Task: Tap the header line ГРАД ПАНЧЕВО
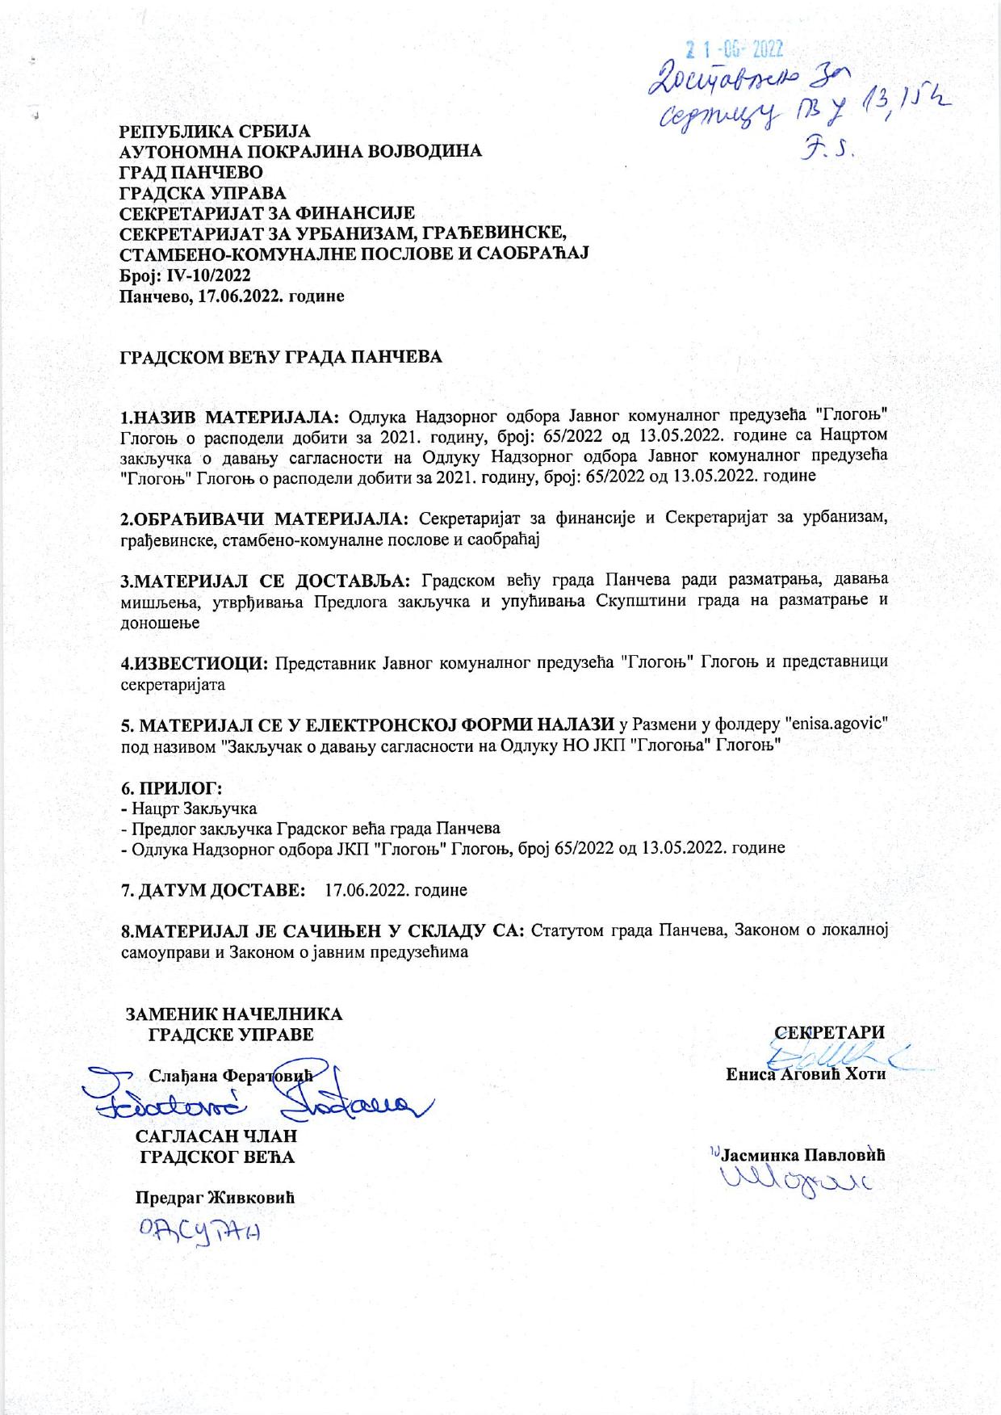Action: coord(190,171)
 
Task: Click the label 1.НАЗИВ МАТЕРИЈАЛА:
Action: coord(232,417)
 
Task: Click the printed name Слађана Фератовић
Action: coord(230,1075)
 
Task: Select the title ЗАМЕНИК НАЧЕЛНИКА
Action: coord(234,1014)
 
